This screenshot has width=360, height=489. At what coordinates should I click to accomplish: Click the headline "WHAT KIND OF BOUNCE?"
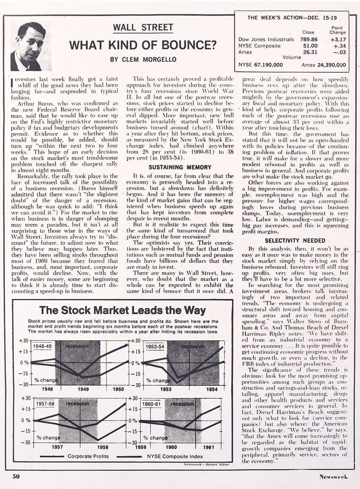coord(143,45)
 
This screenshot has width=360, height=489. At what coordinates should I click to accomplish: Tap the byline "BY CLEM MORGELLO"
coord(143,59)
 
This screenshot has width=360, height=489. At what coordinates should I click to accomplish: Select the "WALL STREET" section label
coord(143,28)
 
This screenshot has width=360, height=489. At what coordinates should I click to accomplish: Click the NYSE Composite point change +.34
coord(338,46)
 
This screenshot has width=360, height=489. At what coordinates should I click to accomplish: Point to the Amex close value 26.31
coord(310,52)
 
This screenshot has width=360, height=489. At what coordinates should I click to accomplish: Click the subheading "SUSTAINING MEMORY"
coord(180,167)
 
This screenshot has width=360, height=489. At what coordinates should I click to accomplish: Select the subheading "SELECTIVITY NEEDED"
coord(295,241)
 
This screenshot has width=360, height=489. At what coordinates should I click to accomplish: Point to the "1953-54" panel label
coord(155,346)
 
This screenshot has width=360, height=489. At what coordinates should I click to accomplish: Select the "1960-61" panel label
coord(152,404)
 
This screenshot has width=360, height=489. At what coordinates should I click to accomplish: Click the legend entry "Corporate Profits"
coord(88,456)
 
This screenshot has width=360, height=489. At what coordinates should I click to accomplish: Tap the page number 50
coord(16,476)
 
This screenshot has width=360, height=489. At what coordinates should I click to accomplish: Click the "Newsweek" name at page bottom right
coord(333,477)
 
